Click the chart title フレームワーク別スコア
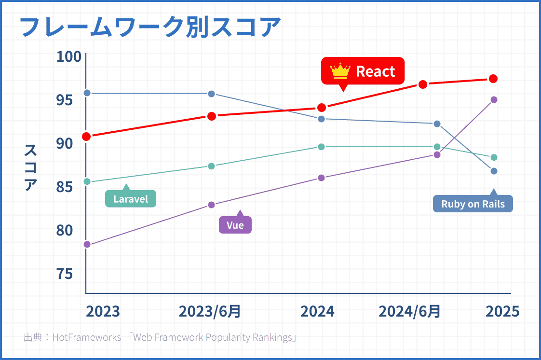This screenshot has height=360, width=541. point(149,27)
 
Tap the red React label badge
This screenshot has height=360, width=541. point(363,71)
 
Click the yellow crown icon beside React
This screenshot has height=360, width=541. point(339,71)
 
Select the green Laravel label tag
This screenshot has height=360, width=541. point(131,198)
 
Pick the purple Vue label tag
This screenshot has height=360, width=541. point(235,225)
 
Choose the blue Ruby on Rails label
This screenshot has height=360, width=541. point(473,204)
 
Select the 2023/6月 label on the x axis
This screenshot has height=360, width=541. point(210,311)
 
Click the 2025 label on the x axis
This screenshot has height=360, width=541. point(502,311)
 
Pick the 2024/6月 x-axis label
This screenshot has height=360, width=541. point(409,311)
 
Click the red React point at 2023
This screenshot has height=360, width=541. point(87,137)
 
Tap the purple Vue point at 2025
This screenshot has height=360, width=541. point(494,100)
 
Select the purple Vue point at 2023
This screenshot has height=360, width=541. point(87,245)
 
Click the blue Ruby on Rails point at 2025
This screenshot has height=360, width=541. point(494,171)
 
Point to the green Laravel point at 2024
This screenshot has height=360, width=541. point(322,147)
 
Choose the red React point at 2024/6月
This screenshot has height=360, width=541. point(423,84)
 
